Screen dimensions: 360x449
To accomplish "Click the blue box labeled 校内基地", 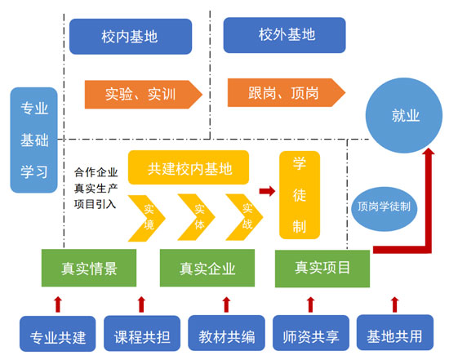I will tap(130, 37).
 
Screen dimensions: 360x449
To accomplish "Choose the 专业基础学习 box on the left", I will tap(33, 140).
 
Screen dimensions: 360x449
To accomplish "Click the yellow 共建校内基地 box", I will tap(189, 168).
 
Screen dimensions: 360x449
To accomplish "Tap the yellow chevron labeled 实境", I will tap(148, 216).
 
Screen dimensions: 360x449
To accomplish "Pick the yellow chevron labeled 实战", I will tap(244, 216).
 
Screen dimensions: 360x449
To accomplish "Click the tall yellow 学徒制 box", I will tap(300, 193).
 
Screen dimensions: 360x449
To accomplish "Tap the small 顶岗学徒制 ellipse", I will tap(383, 207).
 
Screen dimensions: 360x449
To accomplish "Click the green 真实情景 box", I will tap(89, 268).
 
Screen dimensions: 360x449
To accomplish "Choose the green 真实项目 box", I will tap(322, 268).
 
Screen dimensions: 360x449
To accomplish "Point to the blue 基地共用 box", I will tap(396, 336).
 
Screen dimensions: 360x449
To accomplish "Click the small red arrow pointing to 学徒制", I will tap(266, 191).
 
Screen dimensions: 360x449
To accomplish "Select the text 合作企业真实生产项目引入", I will tap(96, 189).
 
